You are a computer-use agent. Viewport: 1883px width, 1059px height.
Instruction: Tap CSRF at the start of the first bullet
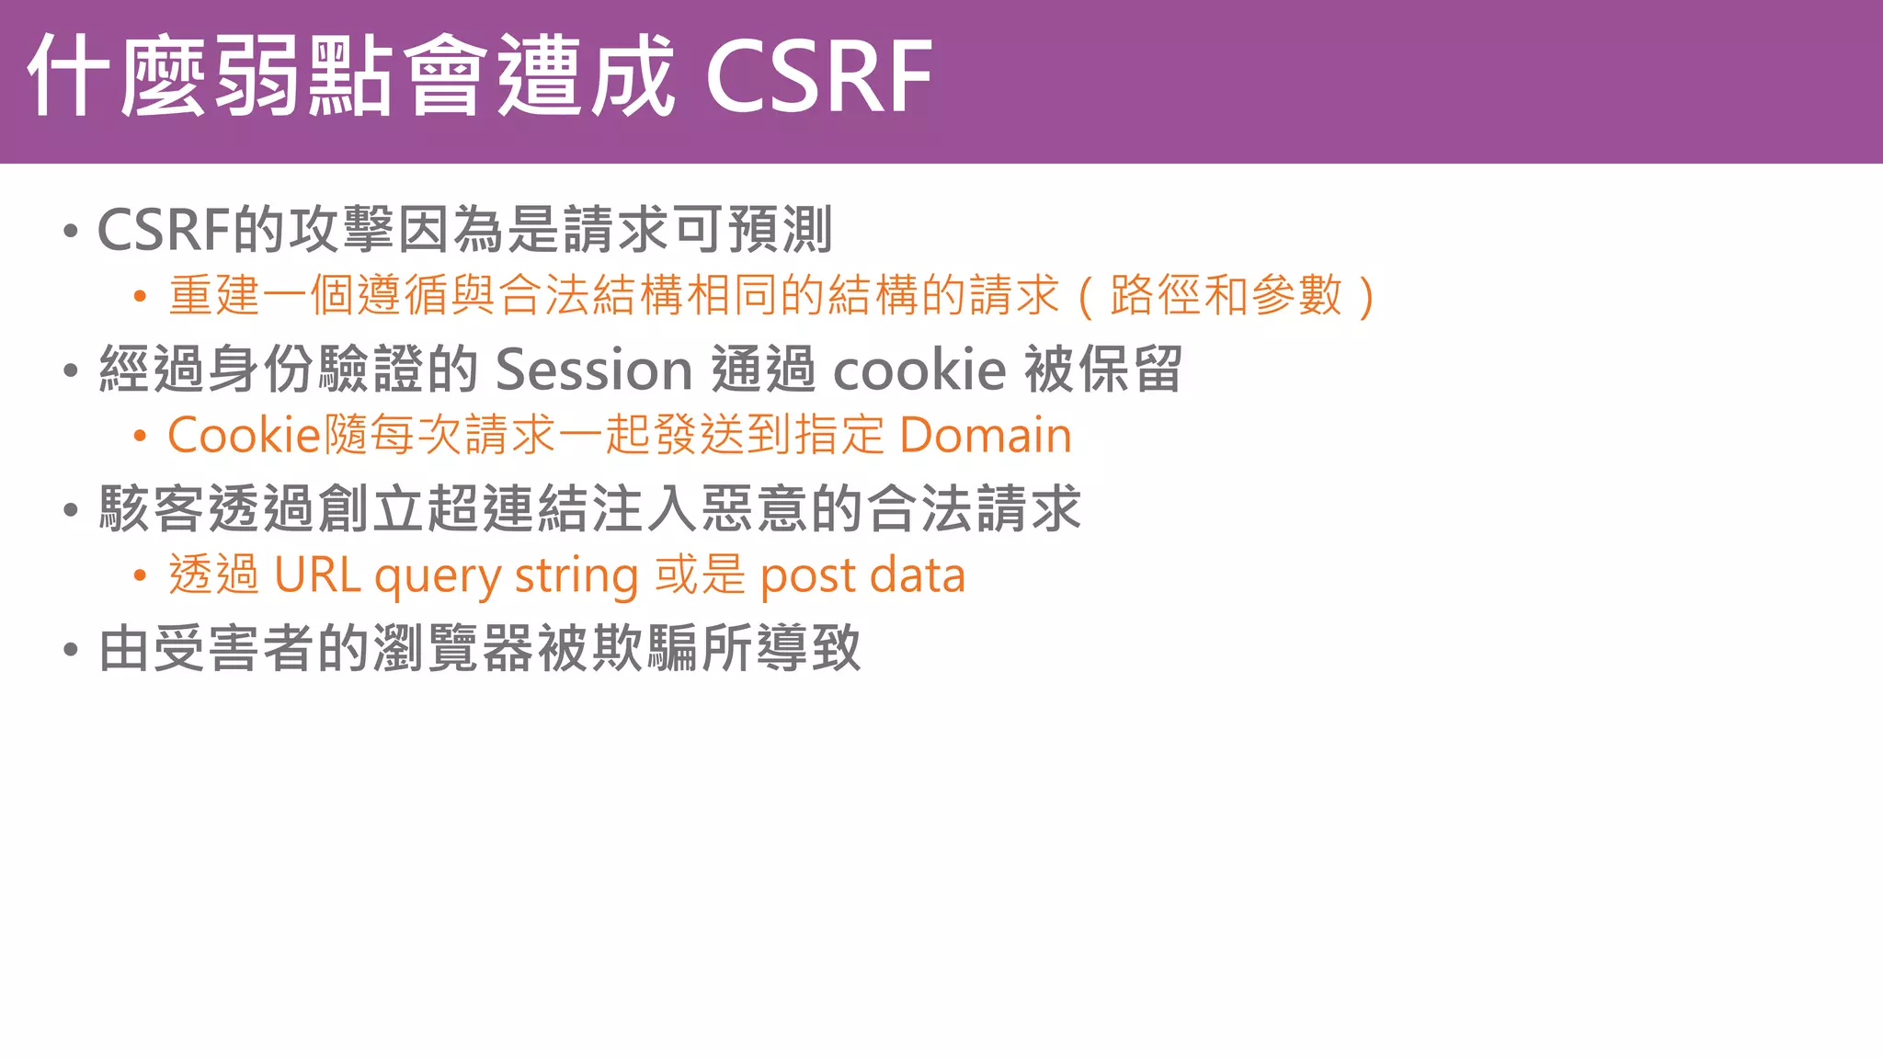coord(163,230)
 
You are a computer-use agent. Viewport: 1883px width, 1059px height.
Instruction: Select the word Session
coord(593,370)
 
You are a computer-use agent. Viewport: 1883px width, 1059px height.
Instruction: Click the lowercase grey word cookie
coord(919,370)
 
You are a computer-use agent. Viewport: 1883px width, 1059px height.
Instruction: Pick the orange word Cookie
coord(243,435)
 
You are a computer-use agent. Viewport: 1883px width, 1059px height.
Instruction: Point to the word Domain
coord(985,435)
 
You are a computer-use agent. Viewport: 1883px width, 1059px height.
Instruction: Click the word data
coord(917,575)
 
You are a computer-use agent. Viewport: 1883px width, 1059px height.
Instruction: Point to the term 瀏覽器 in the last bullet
coord(453,648)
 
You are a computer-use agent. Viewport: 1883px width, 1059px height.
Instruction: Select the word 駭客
coord(152,509)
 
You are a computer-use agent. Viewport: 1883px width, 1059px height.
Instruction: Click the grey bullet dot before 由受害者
coord(71,650)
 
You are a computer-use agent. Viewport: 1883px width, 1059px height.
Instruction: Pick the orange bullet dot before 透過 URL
coord(140,576)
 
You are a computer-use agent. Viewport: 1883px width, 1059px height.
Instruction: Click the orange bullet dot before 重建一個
coord(140,297)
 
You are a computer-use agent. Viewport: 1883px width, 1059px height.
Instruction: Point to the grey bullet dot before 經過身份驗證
coord(71,370)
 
